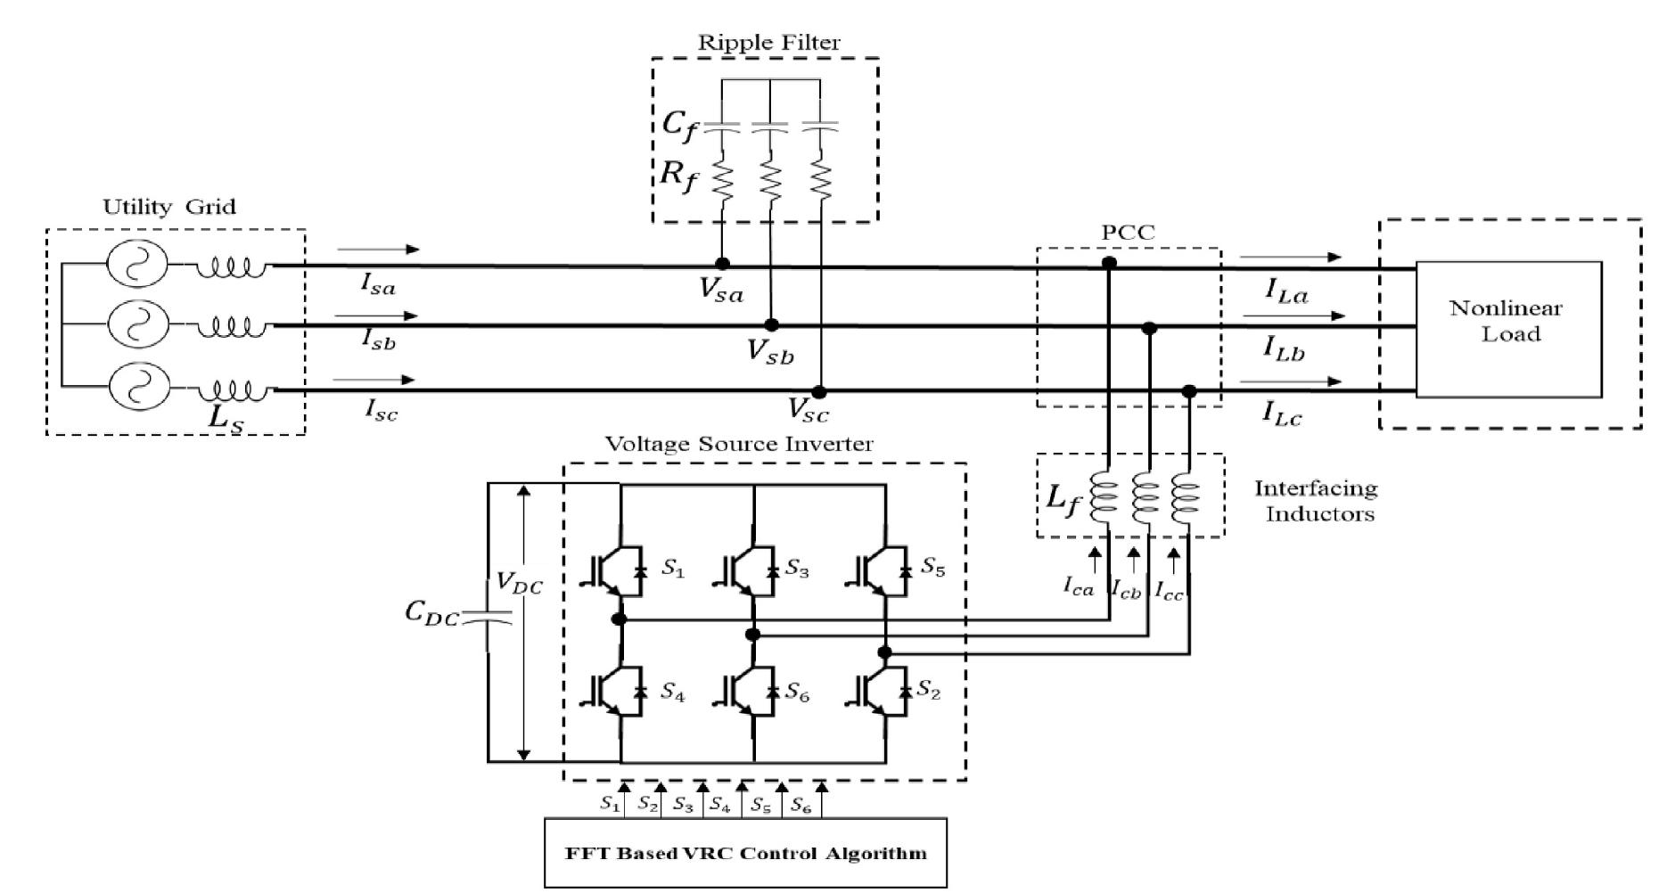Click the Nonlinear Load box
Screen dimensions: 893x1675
point(1507,329)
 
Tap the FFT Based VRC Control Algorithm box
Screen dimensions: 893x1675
point(745,853)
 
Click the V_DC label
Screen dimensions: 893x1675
point(519,585)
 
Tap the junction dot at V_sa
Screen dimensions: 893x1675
point(722,264)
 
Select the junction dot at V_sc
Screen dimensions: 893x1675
point(819,392)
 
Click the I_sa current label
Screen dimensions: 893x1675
point(377,283)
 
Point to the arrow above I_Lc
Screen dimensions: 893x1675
point(1290,381)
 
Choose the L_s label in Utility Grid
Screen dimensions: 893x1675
point(225,419)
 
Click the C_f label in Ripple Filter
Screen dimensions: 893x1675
point(679,124)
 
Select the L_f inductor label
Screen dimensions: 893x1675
point(1062,499)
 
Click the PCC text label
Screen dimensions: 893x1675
point(1127,233)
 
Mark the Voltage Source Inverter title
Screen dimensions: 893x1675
point(739,444)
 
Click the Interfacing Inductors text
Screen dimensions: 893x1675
point(1316,501)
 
